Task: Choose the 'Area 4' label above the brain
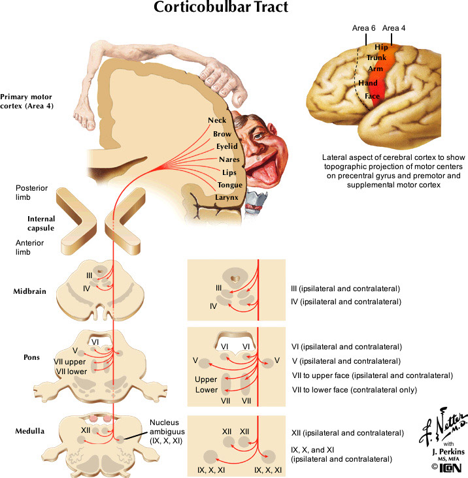point(394,28)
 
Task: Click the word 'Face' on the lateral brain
point(372,96)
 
